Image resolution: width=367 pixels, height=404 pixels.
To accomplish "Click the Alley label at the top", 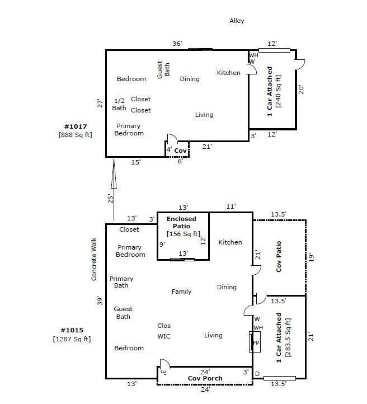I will (237, 21).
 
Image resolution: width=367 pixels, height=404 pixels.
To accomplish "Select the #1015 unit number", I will (71, 331).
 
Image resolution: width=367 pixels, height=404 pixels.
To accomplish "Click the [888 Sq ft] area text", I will (74, 135).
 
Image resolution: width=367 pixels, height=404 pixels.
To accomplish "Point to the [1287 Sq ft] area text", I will (72, 339).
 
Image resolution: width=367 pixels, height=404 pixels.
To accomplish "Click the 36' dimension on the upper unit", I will (178, 44).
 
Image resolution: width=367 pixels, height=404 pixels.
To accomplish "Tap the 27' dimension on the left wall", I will (100, 104).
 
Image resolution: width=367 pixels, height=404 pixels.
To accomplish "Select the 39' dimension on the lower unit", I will (100, 301).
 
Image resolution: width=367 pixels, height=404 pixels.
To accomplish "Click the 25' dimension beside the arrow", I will (111, 198).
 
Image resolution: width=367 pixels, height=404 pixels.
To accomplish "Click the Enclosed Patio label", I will (183, 222).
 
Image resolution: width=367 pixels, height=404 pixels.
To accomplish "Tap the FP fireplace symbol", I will (256, 342).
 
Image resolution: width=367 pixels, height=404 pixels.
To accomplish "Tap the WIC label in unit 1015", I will (164, 336).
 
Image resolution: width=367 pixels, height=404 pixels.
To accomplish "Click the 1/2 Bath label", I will (119, 104).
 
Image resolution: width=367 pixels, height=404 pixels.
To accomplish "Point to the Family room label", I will (181, 292).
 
